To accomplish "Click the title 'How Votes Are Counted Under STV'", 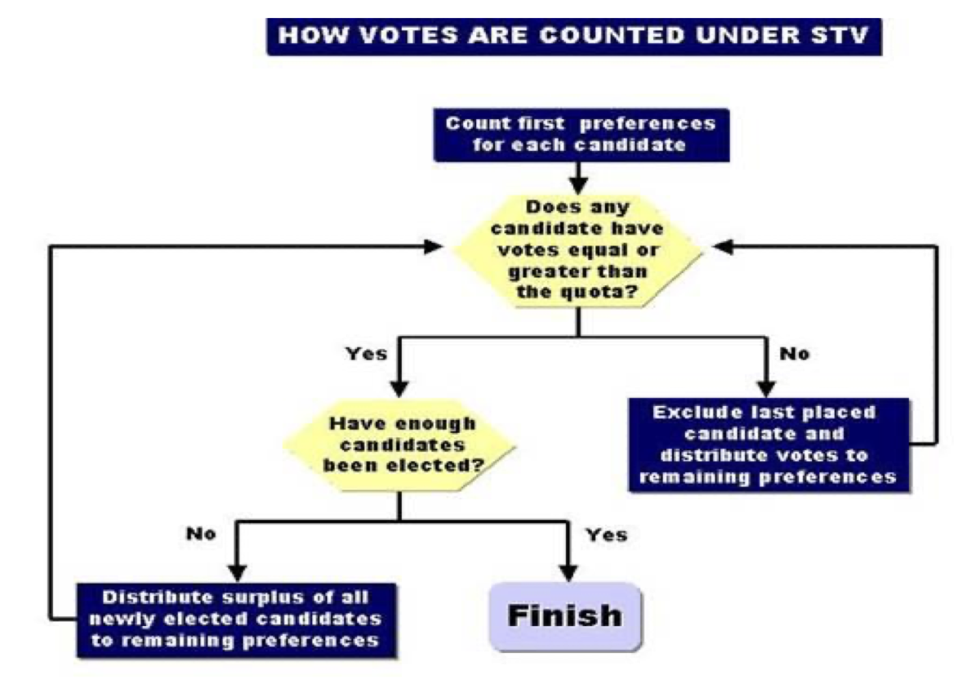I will click(x=574, y=38).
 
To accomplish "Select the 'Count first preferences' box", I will click(x=579, y=135).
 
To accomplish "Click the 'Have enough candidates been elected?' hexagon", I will click(x=399, y=445).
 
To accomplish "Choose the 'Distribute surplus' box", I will click(x=236, y=619).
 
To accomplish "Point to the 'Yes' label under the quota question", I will click(x=366, y=355).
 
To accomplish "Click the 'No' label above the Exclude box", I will click(x=794, y=355).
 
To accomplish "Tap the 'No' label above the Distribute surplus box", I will click(x=201, y=534).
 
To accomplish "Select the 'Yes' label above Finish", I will click(x=607, y=534).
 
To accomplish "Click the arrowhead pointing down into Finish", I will click(x=564, y=572).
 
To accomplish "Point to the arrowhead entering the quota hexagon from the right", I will click(x=724, y=246).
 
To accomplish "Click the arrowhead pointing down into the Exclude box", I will click(x=765, y=388).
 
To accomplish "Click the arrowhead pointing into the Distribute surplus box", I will click(x=237, y=572).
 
